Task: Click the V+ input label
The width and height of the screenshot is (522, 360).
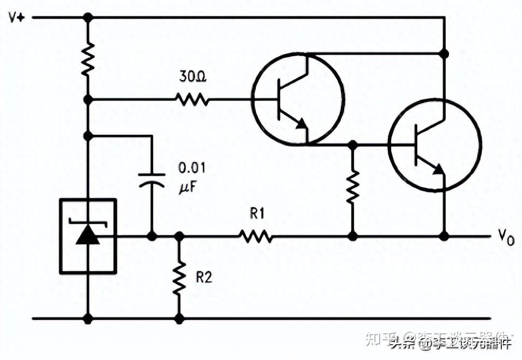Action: [16, 17]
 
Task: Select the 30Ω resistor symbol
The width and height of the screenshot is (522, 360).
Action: [192, 99]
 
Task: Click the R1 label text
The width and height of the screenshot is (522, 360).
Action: [257, 214]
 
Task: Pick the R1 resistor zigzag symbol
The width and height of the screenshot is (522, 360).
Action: [255, 236]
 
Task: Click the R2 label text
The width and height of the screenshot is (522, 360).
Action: [203, 277]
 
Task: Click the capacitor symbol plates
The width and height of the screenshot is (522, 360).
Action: [151, 180]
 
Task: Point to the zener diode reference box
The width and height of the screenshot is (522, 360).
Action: [88, 236]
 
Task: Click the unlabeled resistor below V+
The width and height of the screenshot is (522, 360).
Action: [88, 59]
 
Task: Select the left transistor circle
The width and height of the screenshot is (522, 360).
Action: [298, 100]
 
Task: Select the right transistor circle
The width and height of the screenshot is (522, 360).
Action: [435, 145]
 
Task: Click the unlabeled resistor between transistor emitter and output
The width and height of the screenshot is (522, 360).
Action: [353, 185]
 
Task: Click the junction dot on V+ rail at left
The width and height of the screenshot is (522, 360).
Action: [88, 17]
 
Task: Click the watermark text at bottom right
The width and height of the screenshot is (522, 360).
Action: [451, 342]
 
